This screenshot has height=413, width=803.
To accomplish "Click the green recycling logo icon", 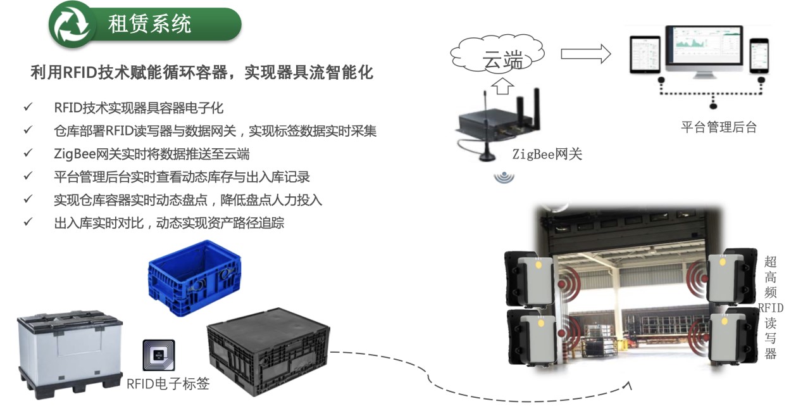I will tap(72, 24).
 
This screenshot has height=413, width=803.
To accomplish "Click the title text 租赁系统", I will tap(149, 24).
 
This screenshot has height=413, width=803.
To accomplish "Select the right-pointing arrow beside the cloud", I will tap(585, 54).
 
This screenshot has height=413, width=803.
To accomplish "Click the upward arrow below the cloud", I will tap(502, 85).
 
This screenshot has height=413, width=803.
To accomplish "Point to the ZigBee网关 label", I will tap(547, 153).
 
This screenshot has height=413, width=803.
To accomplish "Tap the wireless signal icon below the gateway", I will tap(504, 177).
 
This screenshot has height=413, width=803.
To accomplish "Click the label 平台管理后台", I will tap(718, 127).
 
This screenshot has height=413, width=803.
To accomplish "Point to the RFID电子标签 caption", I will tap(168, 383).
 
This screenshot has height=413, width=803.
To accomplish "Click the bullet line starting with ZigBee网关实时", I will tap(151, 154).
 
